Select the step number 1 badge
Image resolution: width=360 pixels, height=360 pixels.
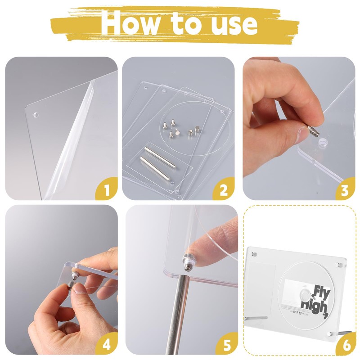pos(107,189)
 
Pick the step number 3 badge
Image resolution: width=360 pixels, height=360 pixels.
pos(345,189)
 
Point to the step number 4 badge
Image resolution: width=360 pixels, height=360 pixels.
pos(107,344)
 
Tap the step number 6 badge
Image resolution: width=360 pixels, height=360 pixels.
pos(345,344)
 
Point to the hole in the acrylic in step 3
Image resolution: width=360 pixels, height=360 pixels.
pos(322,144)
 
